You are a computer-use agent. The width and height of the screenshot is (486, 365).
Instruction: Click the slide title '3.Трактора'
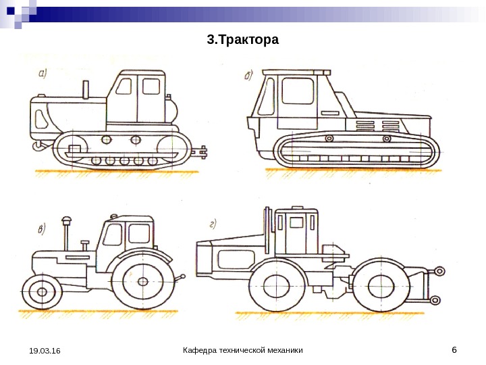click(242, 41)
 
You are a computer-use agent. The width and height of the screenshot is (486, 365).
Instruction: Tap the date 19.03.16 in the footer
click(45, 351)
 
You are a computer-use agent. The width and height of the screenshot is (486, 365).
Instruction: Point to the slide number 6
click(454, 349)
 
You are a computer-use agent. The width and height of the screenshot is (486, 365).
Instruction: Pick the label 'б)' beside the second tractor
click(250, 75)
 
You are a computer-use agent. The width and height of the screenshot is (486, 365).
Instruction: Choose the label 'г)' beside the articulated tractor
click(213, 224)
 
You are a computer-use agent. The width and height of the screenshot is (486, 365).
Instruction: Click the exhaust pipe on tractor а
click(86, 89)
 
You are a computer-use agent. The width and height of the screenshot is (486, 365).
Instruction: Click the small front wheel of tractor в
click(43, 291)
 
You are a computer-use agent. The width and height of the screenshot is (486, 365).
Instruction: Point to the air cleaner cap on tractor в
click(66, 220)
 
